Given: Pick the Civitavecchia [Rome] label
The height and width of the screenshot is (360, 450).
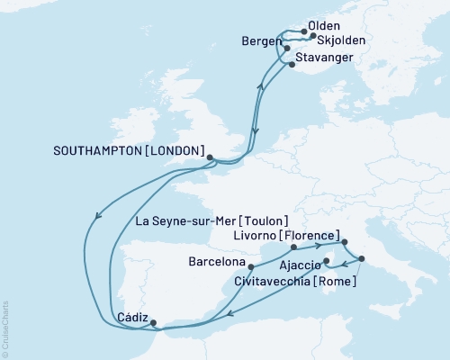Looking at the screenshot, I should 310,282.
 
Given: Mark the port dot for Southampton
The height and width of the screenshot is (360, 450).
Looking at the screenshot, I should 210,157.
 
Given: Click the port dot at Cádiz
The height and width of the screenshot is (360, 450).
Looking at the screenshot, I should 153,322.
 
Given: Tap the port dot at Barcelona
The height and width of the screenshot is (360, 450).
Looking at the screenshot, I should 250,267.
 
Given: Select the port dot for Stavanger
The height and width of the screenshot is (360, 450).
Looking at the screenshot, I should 289,63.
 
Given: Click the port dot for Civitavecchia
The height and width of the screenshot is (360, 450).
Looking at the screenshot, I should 362,259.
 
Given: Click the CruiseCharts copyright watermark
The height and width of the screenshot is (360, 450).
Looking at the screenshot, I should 5,325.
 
